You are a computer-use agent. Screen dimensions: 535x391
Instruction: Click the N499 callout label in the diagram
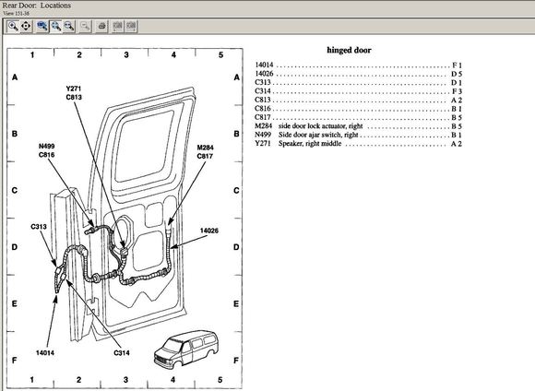pos(46,147)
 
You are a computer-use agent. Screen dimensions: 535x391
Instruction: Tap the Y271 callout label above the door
pos(74,89)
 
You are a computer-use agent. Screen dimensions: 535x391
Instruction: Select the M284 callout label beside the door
pos(205,148)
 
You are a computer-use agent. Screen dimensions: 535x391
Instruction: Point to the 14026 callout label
pos(209,231)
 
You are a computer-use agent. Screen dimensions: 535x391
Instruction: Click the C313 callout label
pos(39,227)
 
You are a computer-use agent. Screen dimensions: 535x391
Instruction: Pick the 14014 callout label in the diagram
pos(45,353)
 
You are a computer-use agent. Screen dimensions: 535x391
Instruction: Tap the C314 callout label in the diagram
pos(122,353)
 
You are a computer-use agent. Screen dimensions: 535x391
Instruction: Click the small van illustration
pos(185,350)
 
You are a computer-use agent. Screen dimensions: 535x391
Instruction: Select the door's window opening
pos(145,146)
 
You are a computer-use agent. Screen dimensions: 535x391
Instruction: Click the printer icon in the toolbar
pos(101,26)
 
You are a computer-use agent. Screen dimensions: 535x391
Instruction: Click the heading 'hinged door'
pos(349,50)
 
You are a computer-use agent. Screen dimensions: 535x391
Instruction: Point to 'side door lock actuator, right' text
pos(320,126)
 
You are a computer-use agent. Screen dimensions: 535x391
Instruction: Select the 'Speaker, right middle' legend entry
pos(310,144)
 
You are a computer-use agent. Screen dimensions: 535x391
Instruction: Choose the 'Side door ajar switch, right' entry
pos(318,135)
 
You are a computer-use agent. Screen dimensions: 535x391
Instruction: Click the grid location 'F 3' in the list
pos(457,91)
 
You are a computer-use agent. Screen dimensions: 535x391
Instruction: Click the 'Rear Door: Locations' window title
pos(37,6)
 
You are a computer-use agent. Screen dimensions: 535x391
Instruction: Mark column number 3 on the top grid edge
pos(126,54)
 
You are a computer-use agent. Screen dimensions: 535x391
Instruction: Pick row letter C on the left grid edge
pos(15,190)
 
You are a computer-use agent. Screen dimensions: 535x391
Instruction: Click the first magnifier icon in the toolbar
pos(13,26)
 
